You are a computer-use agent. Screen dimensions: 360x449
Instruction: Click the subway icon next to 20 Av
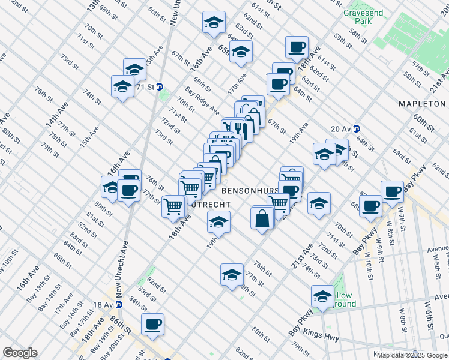click(356, 128)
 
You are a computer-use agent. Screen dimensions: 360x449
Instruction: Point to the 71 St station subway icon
click(160, 86)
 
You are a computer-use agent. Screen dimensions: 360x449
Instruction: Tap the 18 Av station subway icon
click(119, 304)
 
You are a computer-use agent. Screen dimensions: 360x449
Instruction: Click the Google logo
click(20, 353)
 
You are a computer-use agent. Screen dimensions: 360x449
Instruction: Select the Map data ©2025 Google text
click(411, 355)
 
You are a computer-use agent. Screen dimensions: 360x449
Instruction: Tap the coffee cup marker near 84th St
click(152, 324)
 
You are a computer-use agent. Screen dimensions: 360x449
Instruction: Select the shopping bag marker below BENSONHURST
click(262, 218)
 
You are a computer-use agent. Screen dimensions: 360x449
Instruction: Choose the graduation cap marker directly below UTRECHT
click(218, 222)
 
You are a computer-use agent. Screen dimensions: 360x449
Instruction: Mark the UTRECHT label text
click(209, 205)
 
